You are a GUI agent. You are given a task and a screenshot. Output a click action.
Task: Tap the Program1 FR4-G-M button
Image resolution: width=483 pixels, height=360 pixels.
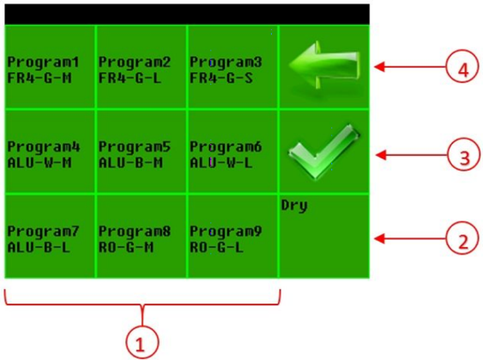click(x=50, y=67)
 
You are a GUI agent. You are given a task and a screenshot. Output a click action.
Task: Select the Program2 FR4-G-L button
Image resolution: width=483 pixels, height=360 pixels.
click(x=142, y=67)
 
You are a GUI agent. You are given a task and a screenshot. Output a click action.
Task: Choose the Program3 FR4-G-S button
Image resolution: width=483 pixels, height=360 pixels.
click(x=232, y=67)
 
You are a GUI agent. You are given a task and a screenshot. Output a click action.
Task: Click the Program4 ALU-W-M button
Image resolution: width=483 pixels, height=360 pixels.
click(x=50, y=152)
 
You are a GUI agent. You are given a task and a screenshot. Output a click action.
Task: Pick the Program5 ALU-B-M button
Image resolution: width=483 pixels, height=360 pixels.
click(x=142, y=152)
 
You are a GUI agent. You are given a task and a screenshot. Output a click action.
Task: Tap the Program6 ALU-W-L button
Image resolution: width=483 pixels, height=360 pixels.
click(x=232, y=152)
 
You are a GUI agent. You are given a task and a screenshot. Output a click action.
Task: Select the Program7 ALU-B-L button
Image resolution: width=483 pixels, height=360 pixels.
click(x=50, y=237)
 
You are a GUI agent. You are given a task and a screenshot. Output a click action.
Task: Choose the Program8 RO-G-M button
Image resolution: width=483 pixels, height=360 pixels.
click(x=142, y=237)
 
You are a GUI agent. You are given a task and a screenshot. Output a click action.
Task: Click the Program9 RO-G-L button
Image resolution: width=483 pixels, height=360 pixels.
click(x=232, y=237)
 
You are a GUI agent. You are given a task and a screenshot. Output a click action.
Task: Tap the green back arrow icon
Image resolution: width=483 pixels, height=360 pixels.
click(x=324, y=65)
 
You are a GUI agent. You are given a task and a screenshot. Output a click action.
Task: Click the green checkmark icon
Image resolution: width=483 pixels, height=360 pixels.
click(x=324, y=152)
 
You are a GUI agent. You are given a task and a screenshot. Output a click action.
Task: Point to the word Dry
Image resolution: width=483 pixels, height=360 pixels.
click(x=294, y=206)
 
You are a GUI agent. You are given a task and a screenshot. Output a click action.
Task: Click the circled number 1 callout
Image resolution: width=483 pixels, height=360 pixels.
click(x=142, y=343)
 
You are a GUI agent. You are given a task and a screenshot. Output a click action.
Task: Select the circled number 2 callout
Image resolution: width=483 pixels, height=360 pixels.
click(x=462, y=238)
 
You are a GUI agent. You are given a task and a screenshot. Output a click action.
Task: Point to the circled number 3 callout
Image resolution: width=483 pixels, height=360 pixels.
click(x=463, y=155)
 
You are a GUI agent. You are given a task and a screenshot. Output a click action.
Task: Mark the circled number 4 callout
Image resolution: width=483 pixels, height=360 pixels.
click(x=462, y=67)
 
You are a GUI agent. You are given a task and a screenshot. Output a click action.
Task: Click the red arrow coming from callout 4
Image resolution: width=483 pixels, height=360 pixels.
click(x=410, y=67)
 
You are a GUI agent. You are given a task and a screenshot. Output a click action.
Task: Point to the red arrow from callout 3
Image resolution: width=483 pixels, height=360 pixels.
click(x=411, y=155)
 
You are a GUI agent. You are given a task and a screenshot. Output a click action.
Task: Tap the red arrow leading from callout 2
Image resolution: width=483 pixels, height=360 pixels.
click(x=410, y=238)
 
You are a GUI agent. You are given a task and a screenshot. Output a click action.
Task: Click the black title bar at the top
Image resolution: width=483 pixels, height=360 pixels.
click(x=187, y=15)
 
